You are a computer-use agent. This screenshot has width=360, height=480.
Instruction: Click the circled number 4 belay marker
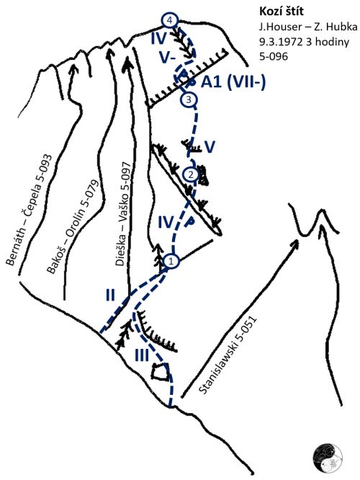click(169, 20)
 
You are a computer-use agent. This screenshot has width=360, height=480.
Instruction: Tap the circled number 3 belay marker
click(189, 99)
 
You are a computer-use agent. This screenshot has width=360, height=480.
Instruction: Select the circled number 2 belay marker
click(192, 175)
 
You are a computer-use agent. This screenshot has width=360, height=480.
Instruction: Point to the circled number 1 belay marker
click(171, 261)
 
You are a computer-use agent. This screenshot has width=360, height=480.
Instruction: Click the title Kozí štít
click(282, 12)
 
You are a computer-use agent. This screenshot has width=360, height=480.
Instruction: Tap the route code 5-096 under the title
click(274, 57)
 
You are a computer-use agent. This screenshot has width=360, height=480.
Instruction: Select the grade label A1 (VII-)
click(233, 82)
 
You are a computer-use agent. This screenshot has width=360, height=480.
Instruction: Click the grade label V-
click(167, 58)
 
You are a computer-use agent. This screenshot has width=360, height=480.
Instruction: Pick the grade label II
click(110, 295)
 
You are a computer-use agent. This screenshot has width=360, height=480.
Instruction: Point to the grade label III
click(143, 355)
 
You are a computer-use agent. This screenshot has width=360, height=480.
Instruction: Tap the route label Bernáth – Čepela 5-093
click(30, 210)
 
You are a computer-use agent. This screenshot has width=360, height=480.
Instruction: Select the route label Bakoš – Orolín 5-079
click(73, 226)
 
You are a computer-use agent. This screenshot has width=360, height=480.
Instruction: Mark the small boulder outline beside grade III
click(161, 371)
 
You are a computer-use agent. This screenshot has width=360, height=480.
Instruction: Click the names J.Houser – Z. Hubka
click(308, 27)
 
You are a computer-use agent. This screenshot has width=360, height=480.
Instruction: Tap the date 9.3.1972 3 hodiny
click(304, 42)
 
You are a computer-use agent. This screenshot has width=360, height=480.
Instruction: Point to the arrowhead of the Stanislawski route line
click(295, 244)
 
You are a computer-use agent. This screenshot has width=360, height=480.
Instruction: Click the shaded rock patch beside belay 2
click(203, 176)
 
